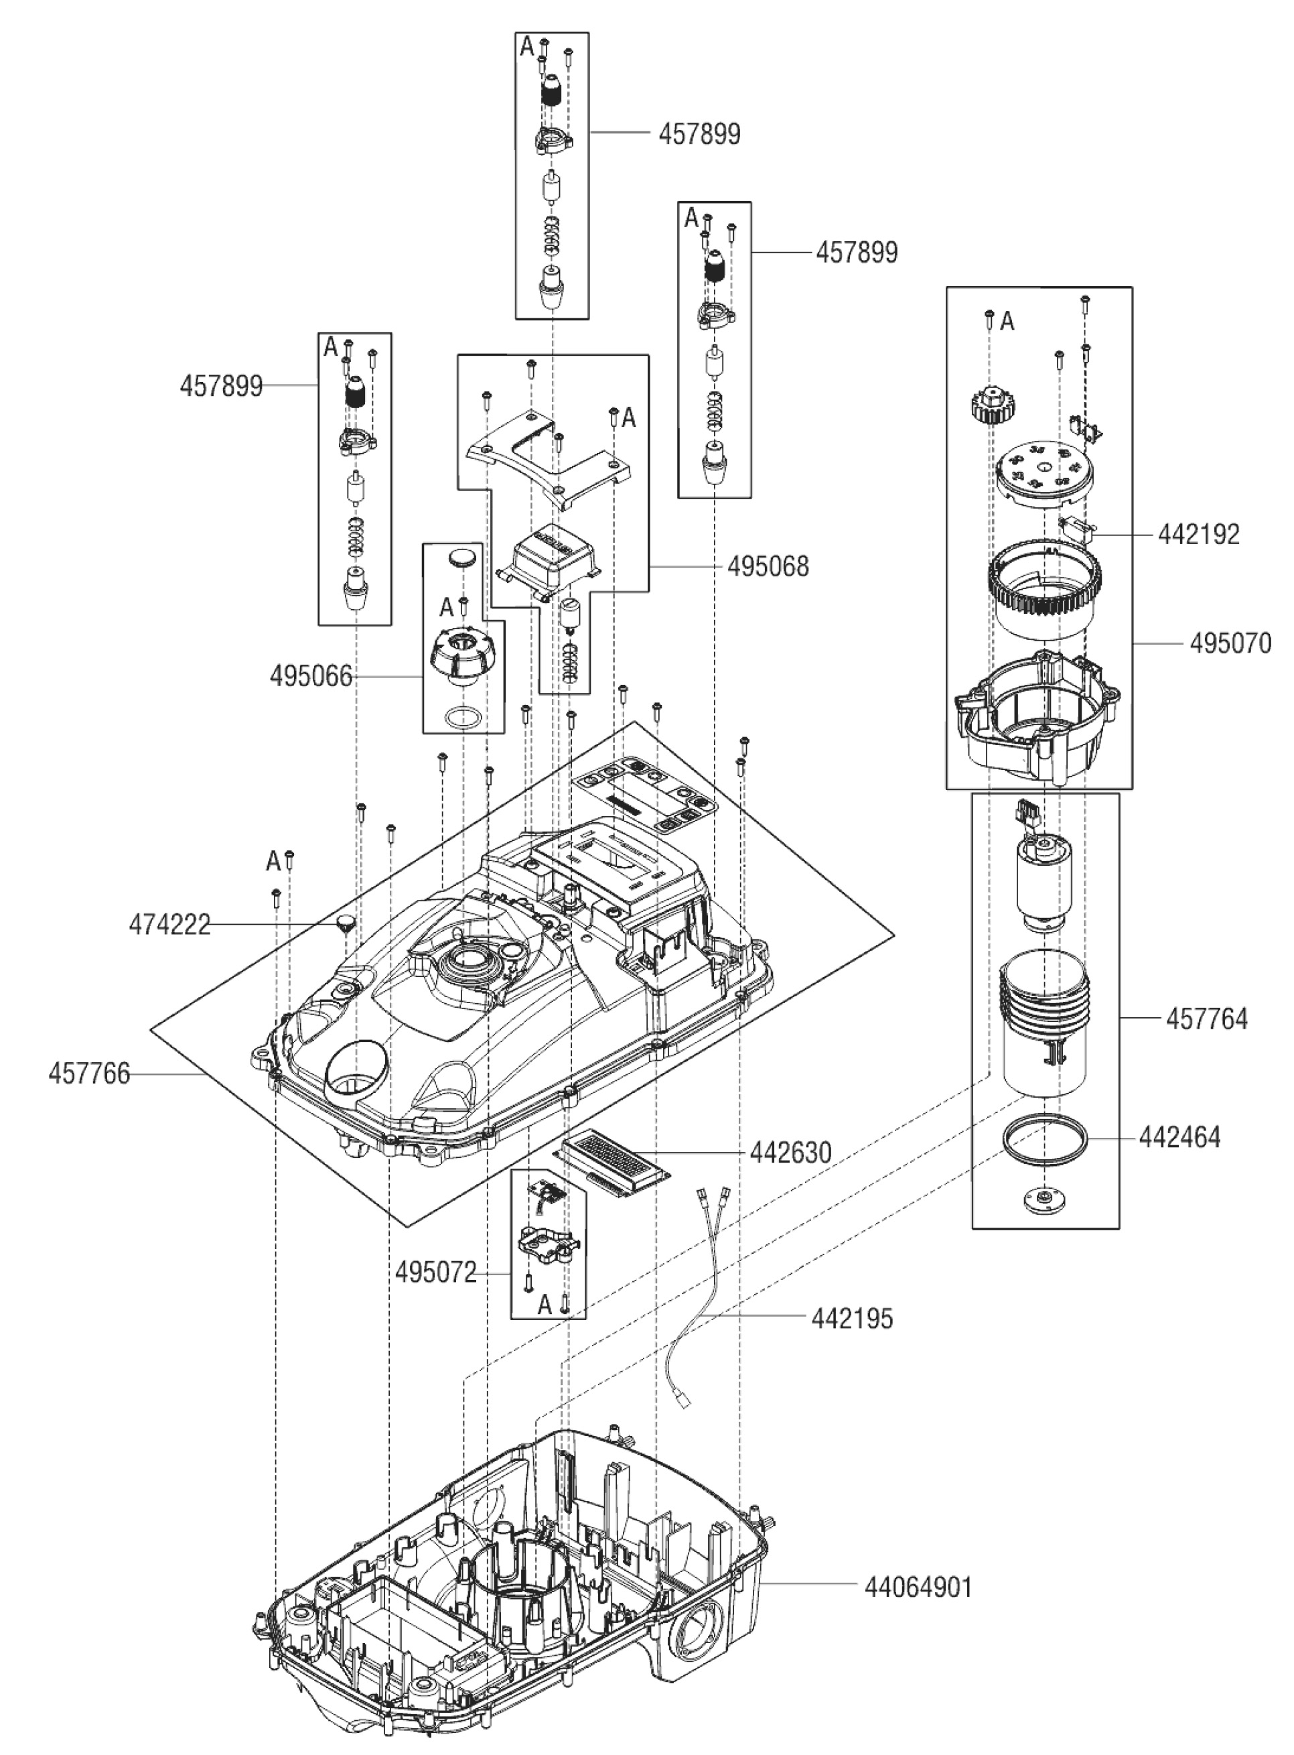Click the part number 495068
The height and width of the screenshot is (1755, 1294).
click(x=768, y=566)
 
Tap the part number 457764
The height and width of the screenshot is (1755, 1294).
click(x=1206, y=1019)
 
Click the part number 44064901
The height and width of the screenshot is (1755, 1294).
click(x=918, y=1588)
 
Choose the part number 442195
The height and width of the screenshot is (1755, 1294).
click(x=852, y=1319)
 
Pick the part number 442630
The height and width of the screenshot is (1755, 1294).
click(x=790, y=1153)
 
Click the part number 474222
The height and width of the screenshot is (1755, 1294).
click(x=170, y=925)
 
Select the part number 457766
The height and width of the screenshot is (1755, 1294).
click(x=89, y=1074)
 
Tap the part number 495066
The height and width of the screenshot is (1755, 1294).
click(x=311, y=676)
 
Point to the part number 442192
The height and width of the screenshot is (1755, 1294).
click(x=1198, y=534)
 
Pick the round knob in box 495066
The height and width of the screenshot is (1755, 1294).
click(x=462, y=655)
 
